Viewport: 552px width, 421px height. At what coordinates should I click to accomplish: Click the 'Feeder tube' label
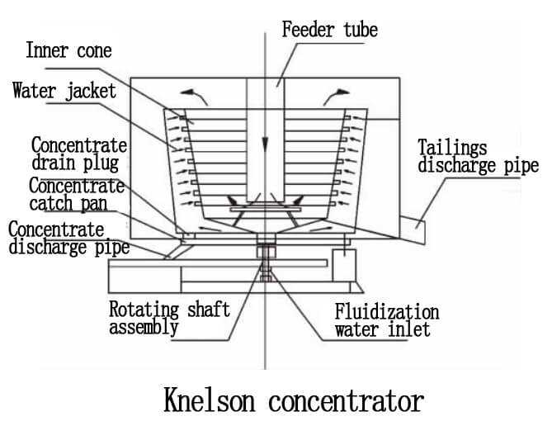(x=329, y=31)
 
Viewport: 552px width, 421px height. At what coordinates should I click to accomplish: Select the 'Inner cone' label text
(x=68, y=50)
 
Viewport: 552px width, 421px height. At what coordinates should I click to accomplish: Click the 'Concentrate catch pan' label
(x=76, y=193)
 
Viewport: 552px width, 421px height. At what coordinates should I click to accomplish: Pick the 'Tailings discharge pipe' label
(x=478, y=157)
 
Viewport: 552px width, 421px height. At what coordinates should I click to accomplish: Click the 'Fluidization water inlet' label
(x=385, y=322)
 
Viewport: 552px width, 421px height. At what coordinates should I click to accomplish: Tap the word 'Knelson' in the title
(x=215, y=401)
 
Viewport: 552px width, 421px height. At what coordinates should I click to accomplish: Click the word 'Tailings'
(x=451, y=148)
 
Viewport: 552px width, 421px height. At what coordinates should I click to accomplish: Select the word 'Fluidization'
(x=386, y=313)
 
